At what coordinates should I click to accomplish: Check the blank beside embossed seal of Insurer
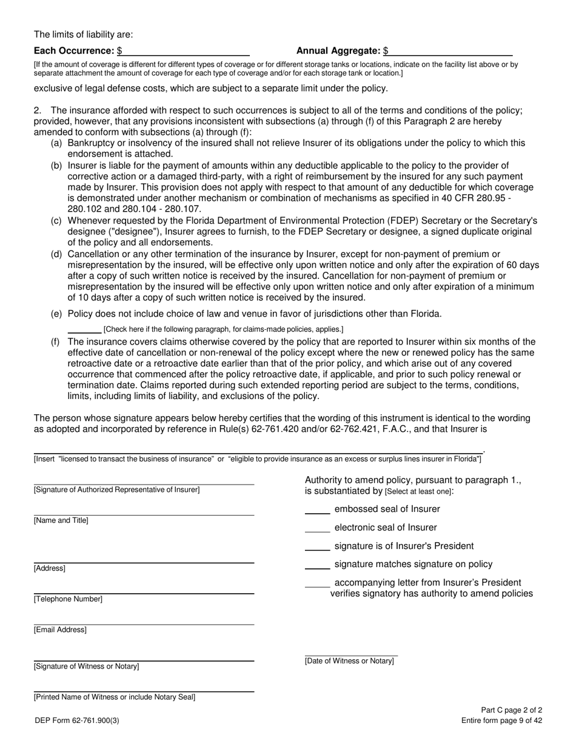(x=317, y=509)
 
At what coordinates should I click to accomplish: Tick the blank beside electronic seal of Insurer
(x=317, y=528)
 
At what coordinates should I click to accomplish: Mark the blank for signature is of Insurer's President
(x=317, y=546)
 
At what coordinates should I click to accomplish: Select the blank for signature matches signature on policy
(x=317, y=565)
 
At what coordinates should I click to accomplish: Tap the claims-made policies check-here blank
(x=84, y=329)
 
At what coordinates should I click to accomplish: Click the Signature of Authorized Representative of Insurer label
(x=116, y=489)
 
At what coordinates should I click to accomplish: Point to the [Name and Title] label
(x=61, y=520)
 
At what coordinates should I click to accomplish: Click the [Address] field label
(x=50, y=568)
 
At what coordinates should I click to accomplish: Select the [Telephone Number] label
(x=68, y=599)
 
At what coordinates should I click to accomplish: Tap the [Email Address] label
(x=60, y=630)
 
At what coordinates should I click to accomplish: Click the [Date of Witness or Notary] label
(x=349, y=660)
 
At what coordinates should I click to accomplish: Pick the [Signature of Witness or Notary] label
(x=86, y=667)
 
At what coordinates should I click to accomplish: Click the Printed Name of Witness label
(x=115, y=697)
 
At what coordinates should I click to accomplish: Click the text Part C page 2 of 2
(x=511, y=710)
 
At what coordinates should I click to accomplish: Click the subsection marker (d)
(x=56, y=254)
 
